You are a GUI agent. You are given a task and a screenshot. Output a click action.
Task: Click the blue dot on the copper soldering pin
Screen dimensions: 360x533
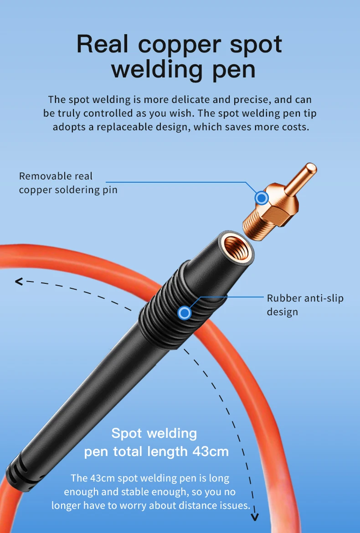click(262, 198)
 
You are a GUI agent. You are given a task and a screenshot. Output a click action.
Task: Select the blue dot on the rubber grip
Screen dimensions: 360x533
click(184, 313)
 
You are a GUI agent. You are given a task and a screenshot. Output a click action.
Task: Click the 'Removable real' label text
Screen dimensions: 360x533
click(56, 176)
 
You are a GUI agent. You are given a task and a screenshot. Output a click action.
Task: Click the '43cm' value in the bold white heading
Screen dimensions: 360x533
click(210, 451)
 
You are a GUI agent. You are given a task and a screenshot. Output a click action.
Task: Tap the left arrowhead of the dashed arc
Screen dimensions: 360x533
click(19, 282)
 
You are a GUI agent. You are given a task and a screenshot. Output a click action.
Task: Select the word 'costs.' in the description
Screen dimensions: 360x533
click(295, 127)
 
